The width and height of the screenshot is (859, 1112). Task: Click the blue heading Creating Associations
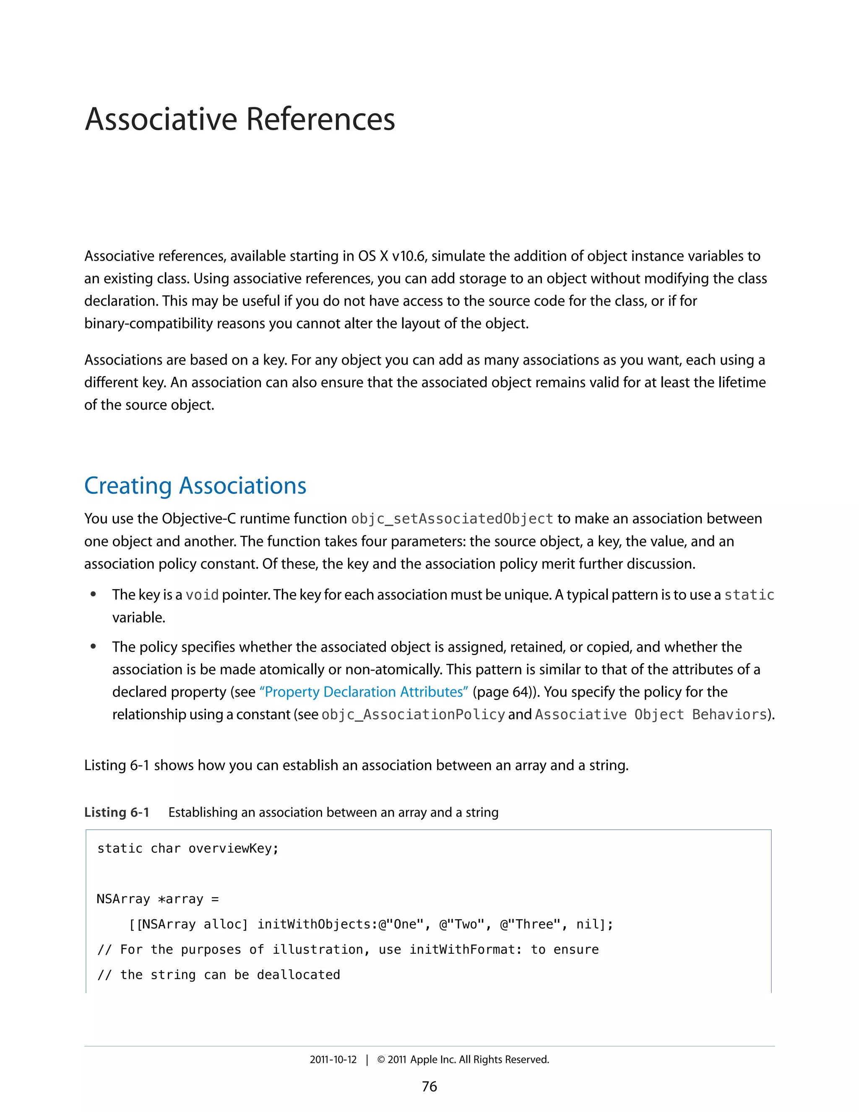click(x=195, y=486)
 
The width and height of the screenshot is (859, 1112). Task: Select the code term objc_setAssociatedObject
click(x=452, y=519)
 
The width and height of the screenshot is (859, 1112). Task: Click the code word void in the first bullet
click(x=202, y=595)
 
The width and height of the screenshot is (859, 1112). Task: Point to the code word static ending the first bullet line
click(x=749, y=595)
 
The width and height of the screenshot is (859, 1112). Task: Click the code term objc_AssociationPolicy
click(x=413, y=715)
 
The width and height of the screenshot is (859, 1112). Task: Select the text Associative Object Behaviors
click(x=651, y=715)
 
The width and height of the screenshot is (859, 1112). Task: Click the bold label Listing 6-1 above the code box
click(x=117, y=812)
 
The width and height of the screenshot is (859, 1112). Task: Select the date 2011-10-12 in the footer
click(x=333, y=1060)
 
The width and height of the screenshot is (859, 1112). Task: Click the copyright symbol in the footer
click(x=381, y=1060)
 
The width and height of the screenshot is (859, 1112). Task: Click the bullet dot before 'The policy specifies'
click(x=93, y=647)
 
